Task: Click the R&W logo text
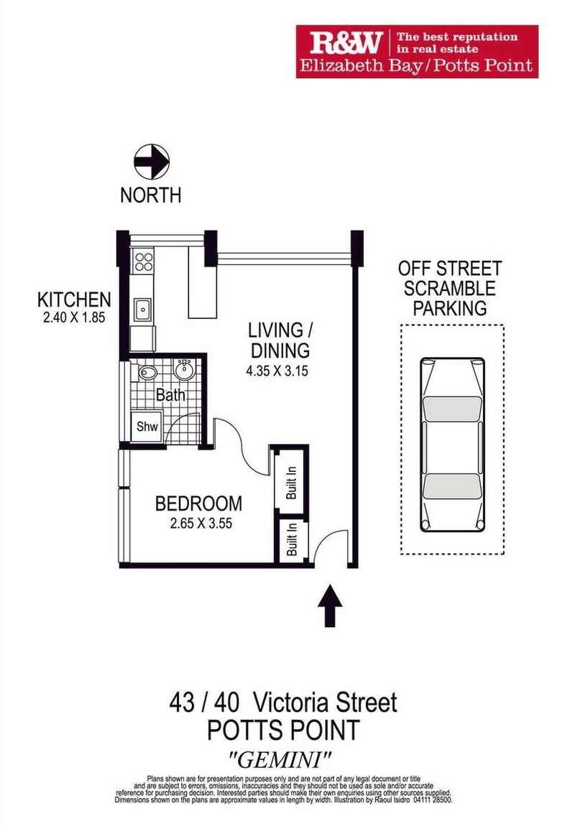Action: (x=345, y=43)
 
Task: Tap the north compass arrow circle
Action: (x=152, y=161)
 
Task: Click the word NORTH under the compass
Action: (x=151, y=195)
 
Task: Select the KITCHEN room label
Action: (x=75, y=300)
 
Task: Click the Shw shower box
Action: (x=147, y=426)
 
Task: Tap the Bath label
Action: (x=170, y=394)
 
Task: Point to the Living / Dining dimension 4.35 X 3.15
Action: (x=279, y=373)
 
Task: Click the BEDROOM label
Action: (x=198, y=504)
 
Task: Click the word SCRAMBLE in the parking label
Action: (x=450, y=289)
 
